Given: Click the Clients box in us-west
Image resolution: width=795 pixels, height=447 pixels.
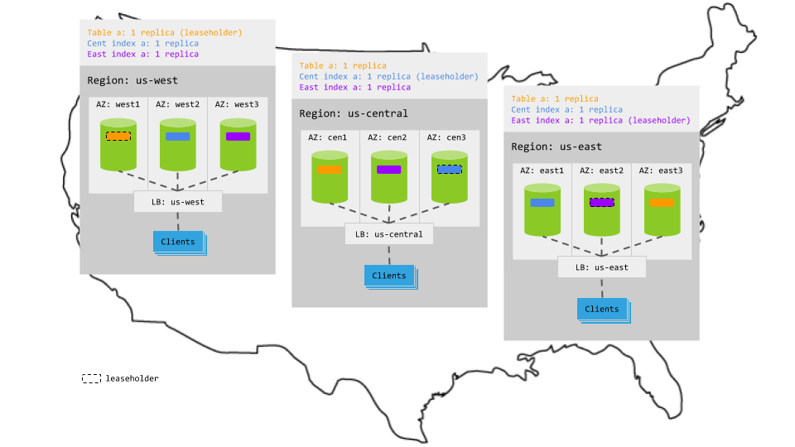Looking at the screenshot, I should pos(178,242).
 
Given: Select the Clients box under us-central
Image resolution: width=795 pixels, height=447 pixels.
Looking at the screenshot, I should pos(389,276).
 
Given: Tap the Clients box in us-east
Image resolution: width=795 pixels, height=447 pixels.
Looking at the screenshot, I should pos(602,309).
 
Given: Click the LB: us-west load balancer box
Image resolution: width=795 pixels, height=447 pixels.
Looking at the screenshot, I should pos(178,201).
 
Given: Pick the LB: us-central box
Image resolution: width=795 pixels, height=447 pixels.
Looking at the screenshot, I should pos(389,234).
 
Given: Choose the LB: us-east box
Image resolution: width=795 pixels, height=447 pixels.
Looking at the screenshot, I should pos(602,267).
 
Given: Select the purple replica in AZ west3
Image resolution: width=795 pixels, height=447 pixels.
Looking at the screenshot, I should pos(238,137).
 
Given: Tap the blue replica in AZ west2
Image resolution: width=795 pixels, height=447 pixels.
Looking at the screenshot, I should pos(178,137).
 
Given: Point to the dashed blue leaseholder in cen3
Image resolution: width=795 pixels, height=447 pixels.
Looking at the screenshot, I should pos(450,169).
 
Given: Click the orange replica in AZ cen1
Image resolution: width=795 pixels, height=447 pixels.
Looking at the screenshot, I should pos(330,169).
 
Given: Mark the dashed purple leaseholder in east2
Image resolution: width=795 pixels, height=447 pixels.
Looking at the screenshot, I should pos(602,202).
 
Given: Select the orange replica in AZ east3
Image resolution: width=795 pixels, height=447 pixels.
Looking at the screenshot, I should pos(662,202).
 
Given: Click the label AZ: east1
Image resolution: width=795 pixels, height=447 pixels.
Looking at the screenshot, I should pos(542,171).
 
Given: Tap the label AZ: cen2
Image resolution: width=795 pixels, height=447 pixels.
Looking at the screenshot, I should pos(389,137).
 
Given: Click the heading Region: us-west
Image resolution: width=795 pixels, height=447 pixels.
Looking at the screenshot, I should pos(132,80).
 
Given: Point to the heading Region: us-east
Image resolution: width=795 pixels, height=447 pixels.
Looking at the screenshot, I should pos(556,147).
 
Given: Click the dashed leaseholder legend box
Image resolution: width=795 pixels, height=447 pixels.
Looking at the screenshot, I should pos(91,378).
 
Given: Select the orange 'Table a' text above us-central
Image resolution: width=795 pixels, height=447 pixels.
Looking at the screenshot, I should pos(343,65).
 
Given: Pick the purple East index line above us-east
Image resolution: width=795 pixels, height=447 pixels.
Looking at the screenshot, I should pos(600,120).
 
